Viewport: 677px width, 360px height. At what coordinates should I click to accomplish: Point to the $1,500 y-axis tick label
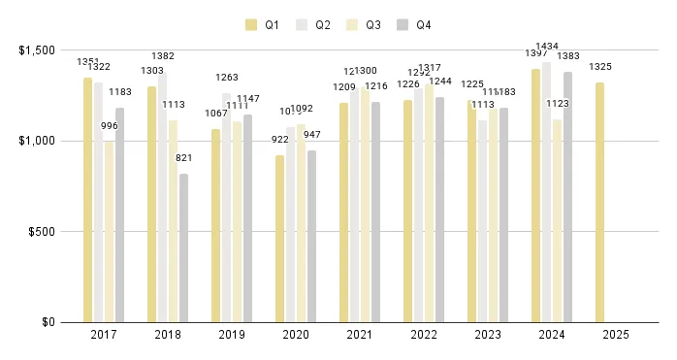pos(37,50)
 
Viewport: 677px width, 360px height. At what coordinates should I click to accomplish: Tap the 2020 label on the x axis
pos(296,335)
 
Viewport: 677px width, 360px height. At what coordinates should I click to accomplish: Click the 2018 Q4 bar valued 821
pos(183,248)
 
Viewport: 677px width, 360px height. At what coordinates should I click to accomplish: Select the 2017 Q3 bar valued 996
pos(109,232)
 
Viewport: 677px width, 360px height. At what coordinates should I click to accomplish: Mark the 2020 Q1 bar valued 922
pos(279,239)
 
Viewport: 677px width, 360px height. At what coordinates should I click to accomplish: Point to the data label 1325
pos(600,67)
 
